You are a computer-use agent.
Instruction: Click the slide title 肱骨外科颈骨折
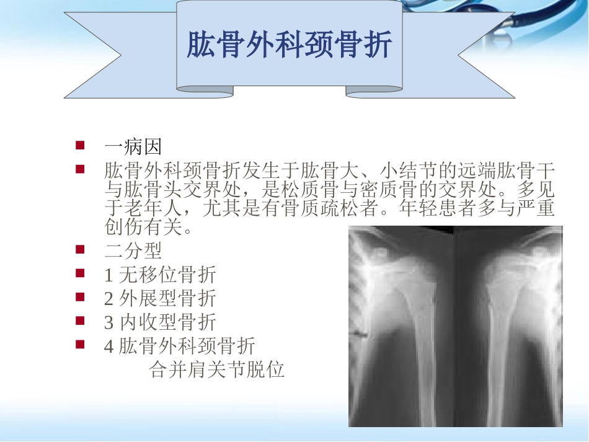point(290,45)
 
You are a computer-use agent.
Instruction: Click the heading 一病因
point(133,147)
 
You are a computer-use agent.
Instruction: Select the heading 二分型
point(133,250)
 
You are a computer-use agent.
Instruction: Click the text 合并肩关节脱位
point(217,370)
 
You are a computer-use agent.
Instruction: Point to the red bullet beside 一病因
point(79,146)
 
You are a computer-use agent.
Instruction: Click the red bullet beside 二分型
point(79,250)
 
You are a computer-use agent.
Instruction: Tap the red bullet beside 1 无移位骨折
point(79,273)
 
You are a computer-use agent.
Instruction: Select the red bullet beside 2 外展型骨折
point(79,298)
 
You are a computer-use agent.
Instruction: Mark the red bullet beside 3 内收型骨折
point(79,322)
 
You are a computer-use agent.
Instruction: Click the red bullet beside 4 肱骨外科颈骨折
point(79,345)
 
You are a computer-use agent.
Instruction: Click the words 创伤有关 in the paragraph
point(146,228)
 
